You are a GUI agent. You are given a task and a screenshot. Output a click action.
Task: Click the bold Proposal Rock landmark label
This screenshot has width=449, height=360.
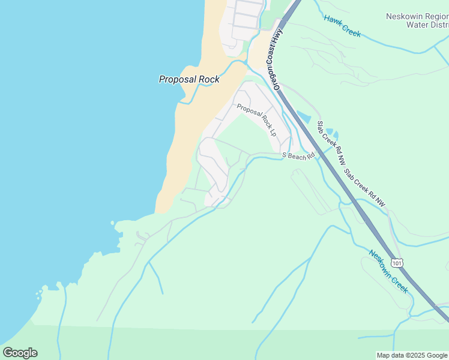pyautogui.click(x=189, y=79)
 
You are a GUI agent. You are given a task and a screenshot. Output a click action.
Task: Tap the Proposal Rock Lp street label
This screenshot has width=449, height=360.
pyautogui.click(x=256, y=119)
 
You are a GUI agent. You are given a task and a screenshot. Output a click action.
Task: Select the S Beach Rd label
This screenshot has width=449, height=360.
pyautogui.click(x=299, y=156)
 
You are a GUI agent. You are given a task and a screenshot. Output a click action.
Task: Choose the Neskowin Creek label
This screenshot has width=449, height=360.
pyautogui.click(x=388, y=272)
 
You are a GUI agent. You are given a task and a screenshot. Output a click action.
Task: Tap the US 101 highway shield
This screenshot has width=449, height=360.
pyautogui.click(x=396, y=263)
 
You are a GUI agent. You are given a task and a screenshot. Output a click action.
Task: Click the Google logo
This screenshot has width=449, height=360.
pyautogui.click(x=20, y=353)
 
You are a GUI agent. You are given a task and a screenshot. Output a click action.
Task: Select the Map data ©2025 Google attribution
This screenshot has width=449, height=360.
pyautogui.click(x=412, y=355)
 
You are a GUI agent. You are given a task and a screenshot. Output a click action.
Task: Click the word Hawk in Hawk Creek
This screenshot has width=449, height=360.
pyautogui.click(x=333, y=21)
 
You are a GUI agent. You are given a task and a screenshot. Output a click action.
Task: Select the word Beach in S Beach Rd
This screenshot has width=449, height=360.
pyautogui.click(x=298, y=156)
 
